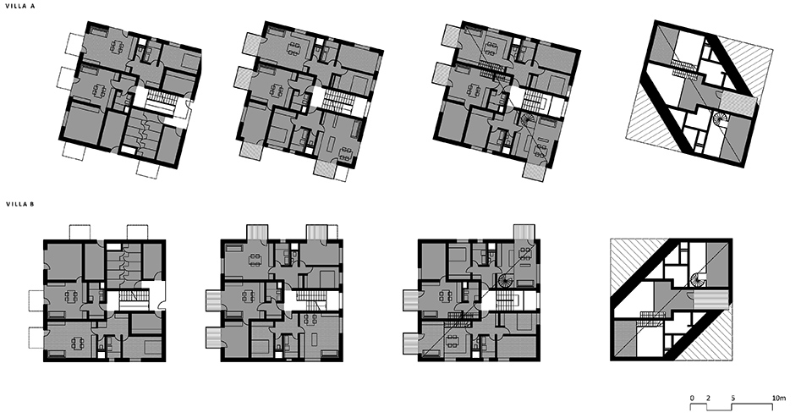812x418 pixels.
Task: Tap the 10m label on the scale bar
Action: tap(778, 398)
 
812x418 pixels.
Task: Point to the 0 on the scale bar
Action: tap(692, 398)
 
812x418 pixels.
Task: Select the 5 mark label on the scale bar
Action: tap(733, 398)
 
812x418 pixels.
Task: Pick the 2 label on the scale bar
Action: tap(708, 398)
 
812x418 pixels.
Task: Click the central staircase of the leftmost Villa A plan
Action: tap(159, 103)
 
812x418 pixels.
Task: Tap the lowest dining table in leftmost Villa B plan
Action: tap(76, 344)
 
